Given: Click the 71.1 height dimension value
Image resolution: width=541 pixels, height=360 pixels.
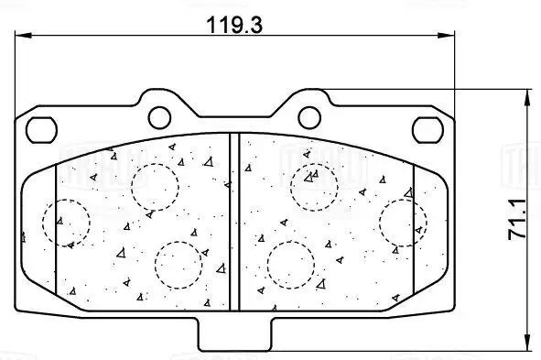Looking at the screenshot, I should coord(516,221).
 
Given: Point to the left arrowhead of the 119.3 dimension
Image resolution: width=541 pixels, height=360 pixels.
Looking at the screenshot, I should coord(22,36).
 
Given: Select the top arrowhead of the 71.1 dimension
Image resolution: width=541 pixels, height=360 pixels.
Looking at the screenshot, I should coord(528,95).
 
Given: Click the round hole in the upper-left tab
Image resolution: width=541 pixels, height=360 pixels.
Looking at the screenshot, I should coord(159,116).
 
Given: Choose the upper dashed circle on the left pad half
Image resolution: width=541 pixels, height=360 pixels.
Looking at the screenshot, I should coord(154,186).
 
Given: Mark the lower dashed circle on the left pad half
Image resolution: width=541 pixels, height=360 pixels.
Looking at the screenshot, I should coord(179,263).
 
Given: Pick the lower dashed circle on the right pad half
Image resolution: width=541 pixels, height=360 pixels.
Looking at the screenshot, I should coord(290,264).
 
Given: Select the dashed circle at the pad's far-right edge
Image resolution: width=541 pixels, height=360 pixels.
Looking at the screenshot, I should coord(403,224).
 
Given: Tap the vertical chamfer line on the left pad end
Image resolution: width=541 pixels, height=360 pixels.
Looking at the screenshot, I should coord(57,229).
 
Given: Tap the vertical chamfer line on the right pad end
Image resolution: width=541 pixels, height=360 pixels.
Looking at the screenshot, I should coord(413,229).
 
